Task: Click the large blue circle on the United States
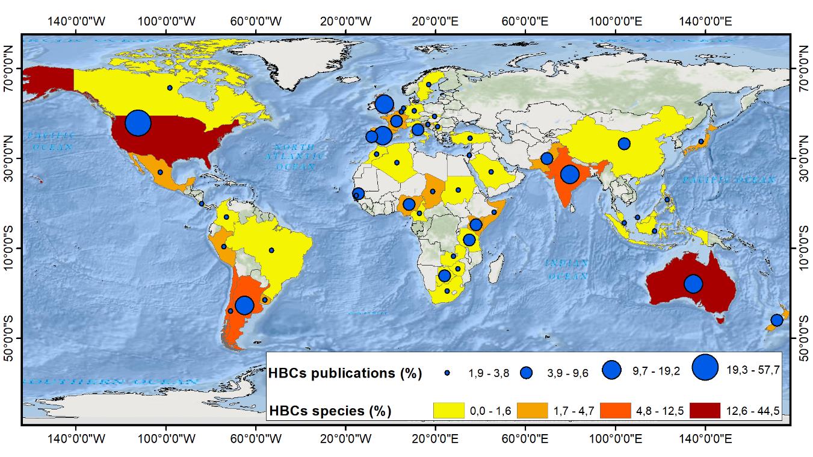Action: point(138,123)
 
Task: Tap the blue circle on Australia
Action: point(693,284)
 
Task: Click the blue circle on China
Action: point(623,144)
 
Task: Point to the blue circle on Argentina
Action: point(244,305)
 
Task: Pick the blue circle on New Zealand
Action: point(776,320)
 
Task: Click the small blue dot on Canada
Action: point(170,88)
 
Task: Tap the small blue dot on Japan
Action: point(700,141)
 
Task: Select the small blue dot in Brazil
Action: point(271,250)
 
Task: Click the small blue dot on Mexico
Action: point(160,172)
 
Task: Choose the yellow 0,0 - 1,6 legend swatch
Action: point(449,411)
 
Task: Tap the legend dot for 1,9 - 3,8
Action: point(447,373)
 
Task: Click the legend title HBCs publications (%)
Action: point(346,373)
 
